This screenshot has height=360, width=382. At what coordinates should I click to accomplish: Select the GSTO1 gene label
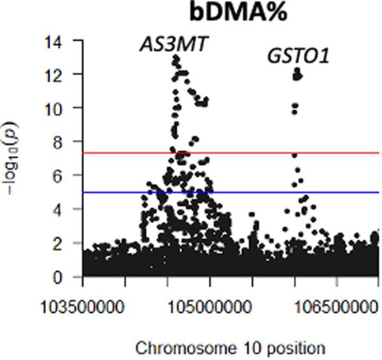[x=297, y=57]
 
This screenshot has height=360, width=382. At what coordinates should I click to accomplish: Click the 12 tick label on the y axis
[x=62, y=75]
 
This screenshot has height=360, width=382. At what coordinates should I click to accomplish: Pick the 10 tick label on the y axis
[x=62, y=108]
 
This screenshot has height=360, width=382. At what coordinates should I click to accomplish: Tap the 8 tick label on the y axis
[x=66, y=141]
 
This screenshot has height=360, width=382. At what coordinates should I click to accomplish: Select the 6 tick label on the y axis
[x=66, y=175]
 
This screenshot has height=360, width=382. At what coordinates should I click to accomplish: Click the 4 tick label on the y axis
[x=66, y=209]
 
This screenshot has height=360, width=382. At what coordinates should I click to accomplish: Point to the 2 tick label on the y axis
[x=66, y=243]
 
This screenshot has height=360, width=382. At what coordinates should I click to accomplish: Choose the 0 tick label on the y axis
[x=66, y=277]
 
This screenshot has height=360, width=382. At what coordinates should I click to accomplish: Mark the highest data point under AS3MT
[x=175, y=58]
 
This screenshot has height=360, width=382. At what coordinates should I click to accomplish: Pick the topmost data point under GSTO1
[x=297, y=70]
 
